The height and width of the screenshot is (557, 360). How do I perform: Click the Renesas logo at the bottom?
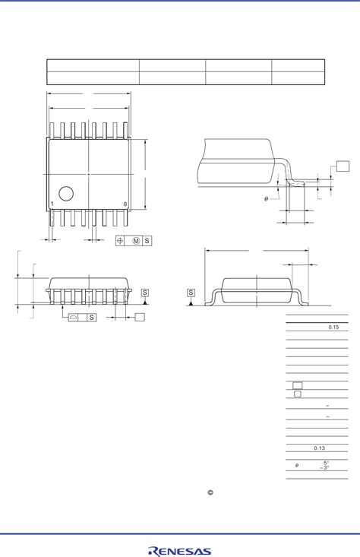[180, 550]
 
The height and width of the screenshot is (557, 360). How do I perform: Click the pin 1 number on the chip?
[52, 204]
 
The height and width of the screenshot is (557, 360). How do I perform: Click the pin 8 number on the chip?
[125, 204]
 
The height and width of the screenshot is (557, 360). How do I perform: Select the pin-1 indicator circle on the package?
[66, 193]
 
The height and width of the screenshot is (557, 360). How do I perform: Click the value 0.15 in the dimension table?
[333, 327]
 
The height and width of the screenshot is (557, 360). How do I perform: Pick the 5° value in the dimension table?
[325, 463]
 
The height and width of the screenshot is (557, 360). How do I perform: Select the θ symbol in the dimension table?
[297, 466]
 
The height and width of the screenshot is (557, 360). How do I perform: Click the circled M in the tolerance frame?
[136, 241]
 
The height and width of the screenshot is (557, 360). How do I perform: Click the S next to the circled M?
[147, 241]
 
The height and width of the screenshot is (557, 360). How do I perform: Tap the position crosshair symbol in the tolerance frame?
[120, 241]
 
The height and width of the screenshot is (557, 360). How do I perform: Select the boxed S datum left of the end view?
[191, 293]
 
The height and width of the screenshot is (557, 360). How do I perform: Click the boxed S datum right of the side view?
[144, 293]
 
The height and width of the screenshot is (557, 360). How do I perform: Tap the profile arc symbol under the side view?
[74, 317]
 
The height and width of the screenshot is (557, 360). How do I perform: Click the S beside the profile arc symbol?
[91, 317]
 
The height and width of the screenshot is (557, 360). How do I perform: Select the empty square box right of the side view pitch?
[140, 317]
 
